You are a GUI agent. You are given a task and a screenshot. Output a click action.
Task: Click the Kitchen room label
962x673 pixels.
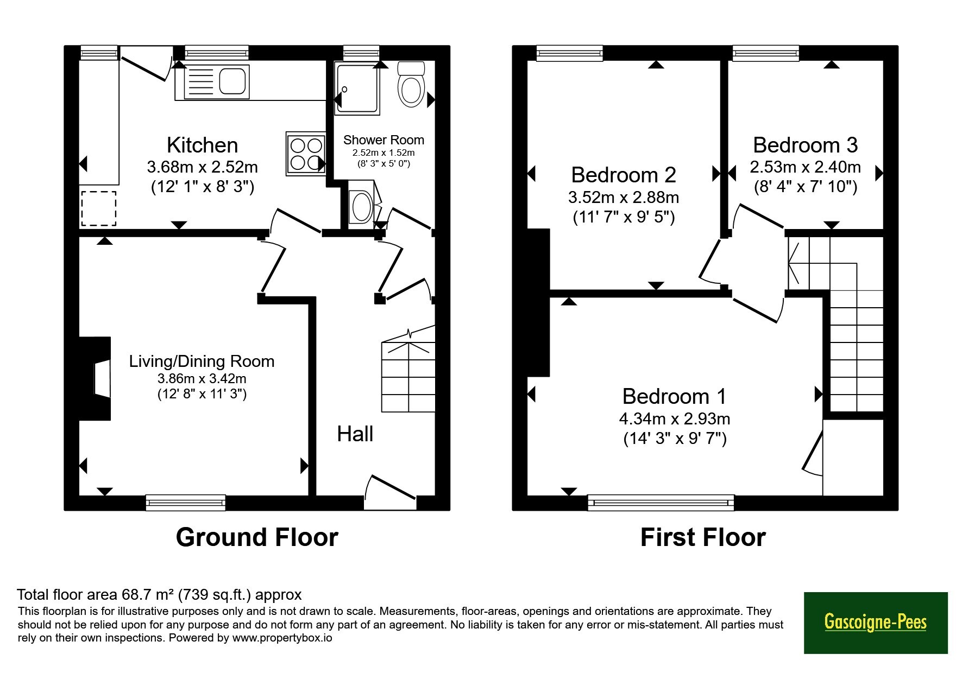tap(202, 145)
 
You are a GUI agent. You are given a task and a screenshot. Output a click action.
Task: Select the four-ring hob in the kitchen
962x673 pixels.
tap(306, 154)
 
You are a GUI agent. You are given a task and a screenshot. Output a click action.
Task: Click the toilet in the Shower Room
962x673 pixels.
tap(411, 85)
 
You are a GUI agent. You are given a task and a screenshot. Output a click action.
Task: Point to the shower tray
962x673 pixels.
tap(357, 88)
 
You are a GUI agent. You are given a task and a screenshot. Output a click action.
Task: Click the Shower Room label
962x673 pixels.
tap(383, 140)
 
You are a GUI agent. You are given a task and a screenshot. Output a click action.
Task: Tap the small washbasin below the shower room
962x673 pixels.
tap(361, 207)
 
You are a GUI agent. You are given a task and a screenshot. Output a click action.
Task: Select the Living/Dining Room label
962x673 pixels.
tap(202, 361)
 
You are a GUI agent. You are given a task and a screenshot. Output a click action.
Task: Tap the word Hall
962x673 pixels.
tap(355, 434)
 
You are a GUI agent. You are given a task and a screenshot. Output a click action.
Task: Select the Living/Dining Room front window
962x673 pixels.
tap(186, 503)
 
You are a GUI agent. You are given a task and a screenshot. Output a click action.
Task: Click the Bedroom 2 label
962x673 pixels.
tap(624, 175)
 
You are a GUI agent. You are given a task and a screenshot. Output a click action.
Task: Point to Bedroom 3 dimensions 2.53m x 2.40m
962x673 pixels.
tap(805, 167)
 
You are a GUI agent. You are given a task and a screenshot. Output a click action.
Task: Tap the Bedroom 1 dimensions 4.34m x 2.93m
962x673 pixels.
tap(675, 419)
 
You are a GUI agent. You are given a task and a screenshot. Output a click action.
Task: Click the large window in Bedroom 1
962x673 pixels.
tap(661, 503)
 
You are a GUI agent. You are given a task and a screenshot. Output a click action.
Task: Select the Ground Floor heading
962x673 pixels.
tap(257, 537)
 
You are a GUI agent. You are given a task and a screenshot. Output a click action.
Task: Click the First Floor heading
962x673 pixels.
tap(703, 537)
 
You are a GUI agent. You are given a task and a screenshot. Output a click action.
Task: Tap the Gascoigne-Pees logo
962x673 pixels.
tap(876, 623)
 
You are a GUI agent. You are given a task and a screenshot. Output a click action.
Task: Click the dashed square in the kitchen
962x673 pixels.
tap(98, 208)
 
